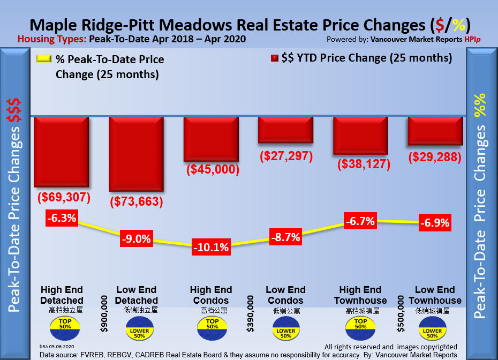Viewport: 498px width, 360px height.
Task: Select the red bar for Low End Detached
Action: point(136,154)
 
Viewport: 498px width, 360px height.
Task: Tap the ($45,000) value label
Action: point(212,170)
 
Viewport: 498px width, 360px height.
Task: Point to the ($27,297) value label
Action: point(285,156)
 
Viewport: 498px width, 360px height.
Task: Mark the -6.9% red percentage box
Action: point(434,222)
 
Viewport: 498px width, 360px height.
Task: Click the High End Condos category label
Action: point(211,295)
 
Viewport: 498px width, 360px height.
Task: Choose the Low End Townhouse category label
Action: point(434,295)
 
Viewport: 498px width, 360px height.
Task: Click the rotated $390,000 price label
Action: point(250,313)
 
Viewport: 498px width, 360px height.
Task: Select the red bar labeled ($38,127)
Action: point(360,136)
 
